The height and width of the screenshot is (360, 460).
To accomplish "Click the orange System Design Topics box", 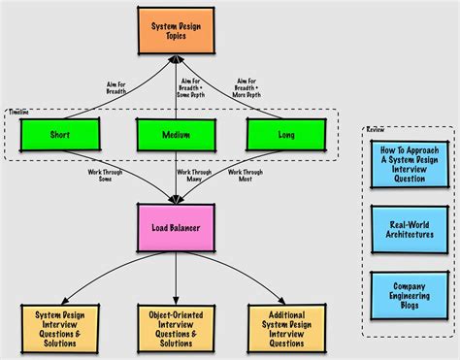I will point(175,32).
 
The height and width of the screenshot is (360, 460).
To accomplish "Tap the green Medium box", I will point(175,135).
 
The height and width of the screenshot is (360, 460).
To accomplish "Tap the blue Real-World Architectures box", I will point(403,229).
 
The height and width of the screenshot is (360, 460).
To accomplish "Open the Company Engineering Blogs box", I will point(403,296).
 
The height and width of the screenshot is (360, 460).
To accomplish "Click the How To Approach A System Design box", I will point(403,162).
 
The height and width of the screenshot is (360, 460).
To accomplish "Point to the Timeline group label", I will point(18,113).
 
